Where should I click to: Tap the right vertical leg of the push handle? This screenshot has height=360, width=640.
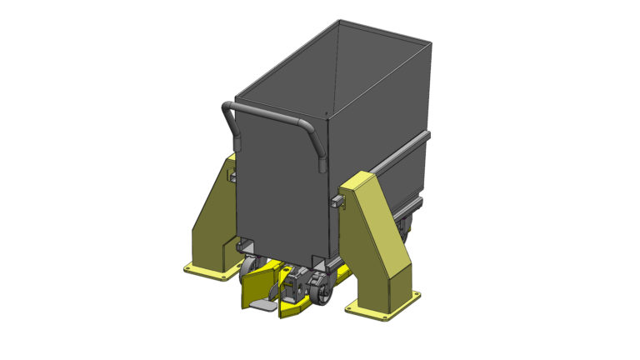coord(318,150)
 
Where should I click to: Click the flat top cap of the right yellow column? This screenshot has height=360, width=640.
coord(364,178)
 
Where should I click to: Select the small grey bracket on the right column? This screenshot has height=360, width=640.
coord(337,200)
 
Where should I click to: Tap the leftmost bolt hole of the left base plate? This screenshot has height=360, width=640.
coord(190,267)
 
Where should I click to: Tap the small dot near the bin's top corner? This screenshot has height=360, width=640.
coord(324,112)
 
